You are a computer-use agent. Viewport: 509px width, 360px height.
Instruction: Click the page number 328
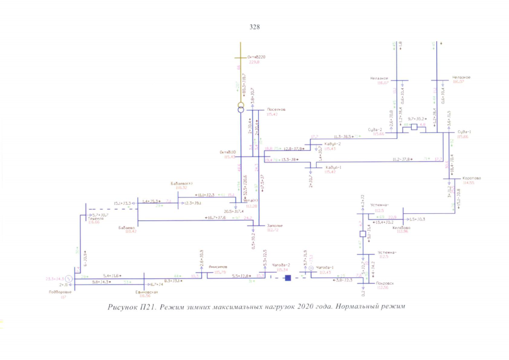254,26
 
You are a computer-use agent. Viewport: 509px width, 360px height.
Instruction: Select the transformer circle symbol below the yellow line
240,108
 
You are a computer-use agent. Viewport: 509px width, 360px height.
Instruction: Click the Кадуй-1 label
334,167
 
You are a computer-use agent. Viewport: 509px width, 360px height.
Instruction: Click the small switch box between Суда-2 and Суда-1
415,127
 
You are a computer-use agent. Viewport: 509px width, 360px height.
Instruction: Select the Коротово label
471,178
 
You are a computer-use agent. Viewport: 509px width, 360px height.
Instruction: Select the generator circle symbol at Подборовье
68,278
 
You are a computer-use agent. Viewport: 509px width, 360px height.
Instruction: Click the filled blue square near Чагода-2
287,278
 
